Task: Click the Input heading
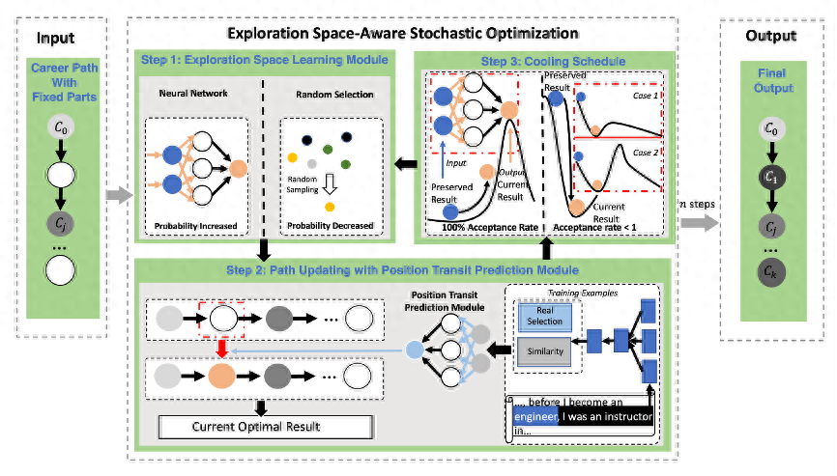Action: [x=55, y=39]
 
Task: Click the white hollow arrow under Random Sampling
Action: [x=331, y=186]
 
